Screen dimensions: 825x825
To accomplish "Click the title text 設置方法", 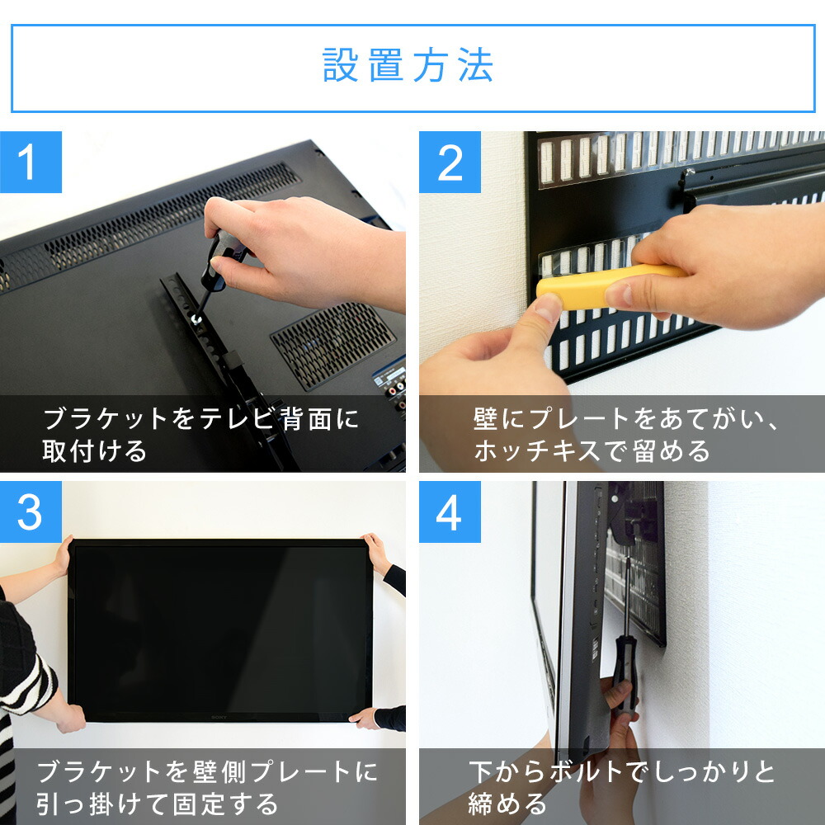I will tap(408, 66).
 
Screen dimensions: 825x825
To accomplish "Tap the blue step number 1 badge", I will tap(31, 162).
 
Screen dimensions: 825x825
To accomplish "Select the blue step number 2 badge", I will tap(450, 162).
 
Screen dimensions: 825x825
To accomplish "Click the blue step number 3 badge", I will tap(31, 512).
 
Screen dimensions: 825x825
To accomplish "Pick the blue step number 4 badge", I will tap(450, 512).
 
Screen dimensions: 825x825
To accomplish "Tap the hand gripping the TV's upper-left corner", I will tap(63, 554).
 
